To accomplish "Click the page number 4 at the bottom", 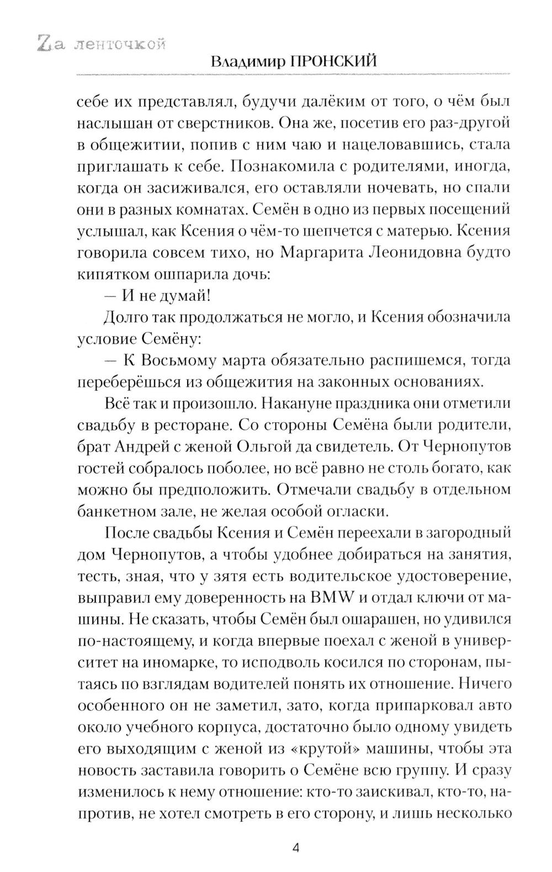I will coord(295,848).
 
